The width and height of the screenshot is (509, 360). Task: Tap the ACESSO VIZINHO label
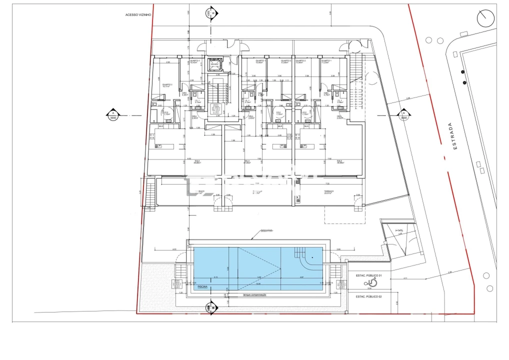click(x=137, y=15)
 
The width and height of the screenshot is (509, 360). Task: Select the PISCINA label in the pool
click(x=202, y=287)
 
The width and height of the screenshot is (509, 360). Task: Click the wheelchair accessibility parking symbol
click(x=369, y=282)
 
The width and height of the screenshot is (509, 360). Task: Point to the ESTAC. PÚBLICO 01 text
click(x=368, y=275)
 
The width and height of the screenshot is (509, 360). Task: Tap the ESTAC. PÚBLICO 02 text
click(x=368, y=296)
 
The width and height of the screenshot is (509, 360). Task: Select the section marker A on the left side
click(x=113, y=114)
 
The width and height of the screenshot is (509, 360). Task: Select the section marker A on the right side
click(x=403, y=114)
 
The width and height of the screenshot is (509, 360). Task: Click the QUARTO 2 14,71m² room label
click(x=167, y=85)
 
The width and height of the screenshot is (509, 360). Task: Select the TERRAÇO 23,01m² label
click(x=328, y=192)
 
